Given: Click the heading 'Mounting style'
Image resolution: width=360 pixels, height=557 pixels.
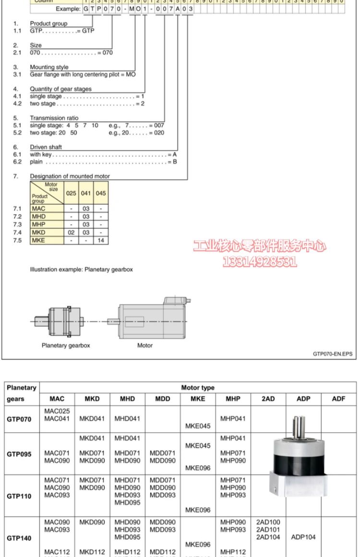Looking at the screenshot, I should pos(49,67).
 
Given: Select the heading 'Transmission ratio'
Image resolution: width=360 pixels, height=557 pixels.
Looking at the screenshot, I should pos(54,118).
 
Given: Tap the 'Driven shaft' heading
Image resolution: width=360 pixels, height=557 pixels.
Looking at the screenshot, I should pos(46,147).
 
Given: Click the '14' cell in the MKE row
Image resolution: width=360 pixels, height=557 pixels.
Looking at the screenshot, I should pos(101,240).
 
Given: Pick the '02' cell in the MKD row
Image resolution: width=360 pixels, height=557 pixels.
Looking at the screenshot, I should pos(71,232).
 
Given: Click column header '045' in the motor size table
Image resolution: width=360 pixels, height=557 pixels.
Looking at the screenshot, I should pos(101,193).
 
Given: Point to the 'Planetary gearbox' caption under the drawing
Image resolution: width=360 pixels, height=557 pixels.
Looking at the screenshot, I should pos(66,345).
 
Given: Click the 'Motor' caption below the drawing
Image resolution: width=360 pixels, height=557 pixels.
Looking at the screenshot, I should pos(145,345).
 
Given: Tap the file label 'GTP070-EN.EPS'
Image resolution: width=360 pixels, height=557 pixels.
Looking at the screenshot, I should pos(332,354).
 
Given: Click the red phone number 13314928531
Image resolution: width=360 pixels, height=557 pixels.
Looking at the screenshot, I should pos(260,261).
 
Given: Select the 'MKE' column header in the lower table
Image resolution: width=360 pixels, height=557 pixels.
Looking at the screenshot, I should pos(198,399).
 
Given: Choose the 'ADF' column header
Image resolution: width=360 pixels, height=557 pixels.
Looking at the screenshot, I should pos(338,399).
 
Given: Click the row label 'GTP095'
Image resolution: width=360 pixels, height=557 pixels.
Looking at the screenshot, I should pos(19,454).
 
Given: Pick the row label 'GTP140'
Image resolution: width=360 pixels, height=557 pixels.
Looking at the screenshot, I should pos(19,538).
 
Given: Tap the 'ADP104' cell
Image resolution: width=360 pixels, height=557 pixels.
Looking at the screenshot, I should pos(303,537).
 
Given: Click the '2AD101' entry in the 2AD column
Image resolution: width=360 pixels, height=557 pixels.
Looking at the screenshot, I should pos(268,530).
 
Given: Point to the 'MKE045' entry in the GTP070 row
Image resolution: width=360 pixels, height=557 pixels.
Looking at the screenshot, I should pos(198,426).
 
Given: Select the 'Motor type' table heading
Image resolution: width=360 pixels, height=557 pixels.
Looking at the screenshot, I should pos(198,388).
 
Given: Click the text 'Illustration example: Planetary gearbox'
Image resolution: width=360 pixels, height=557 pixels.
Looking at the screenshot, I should pos(81,270).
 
